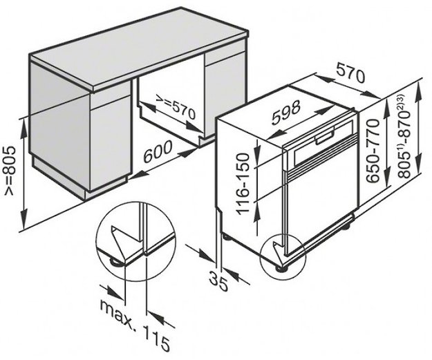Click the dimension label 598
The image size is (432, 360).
click(x=285, y=112)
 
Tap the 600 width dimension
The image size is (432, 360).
click(x=158, y=151)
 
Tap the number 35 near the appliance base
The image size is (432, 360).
click(x=219, y=281)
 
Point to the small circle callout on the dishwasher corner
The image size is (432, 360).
click(x=283, y=253)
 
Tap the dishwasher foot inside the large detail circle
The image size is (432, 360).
click(x=114, y=262)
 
